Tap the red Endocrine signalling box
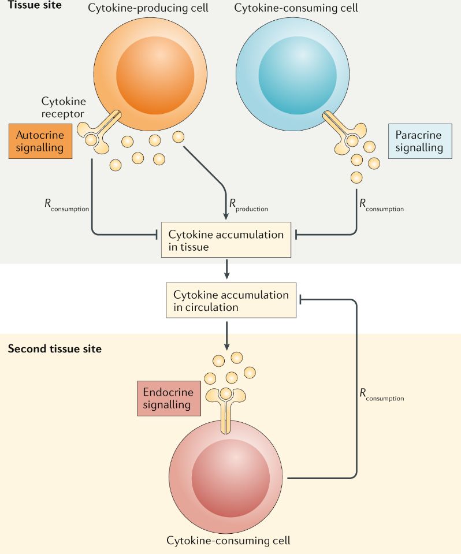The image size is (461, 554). coord(168,398)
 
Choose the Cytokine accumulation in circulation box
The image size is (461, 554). coord(231,300)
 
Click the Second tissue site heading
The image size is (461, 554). coord(54,349)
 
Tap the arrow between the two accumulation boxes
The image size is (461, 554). coord(227,269)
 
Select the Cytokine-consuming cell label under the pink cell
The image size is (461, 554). coord(228,541)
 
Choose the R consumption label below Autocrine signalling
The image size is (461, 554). coord(66,205)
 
